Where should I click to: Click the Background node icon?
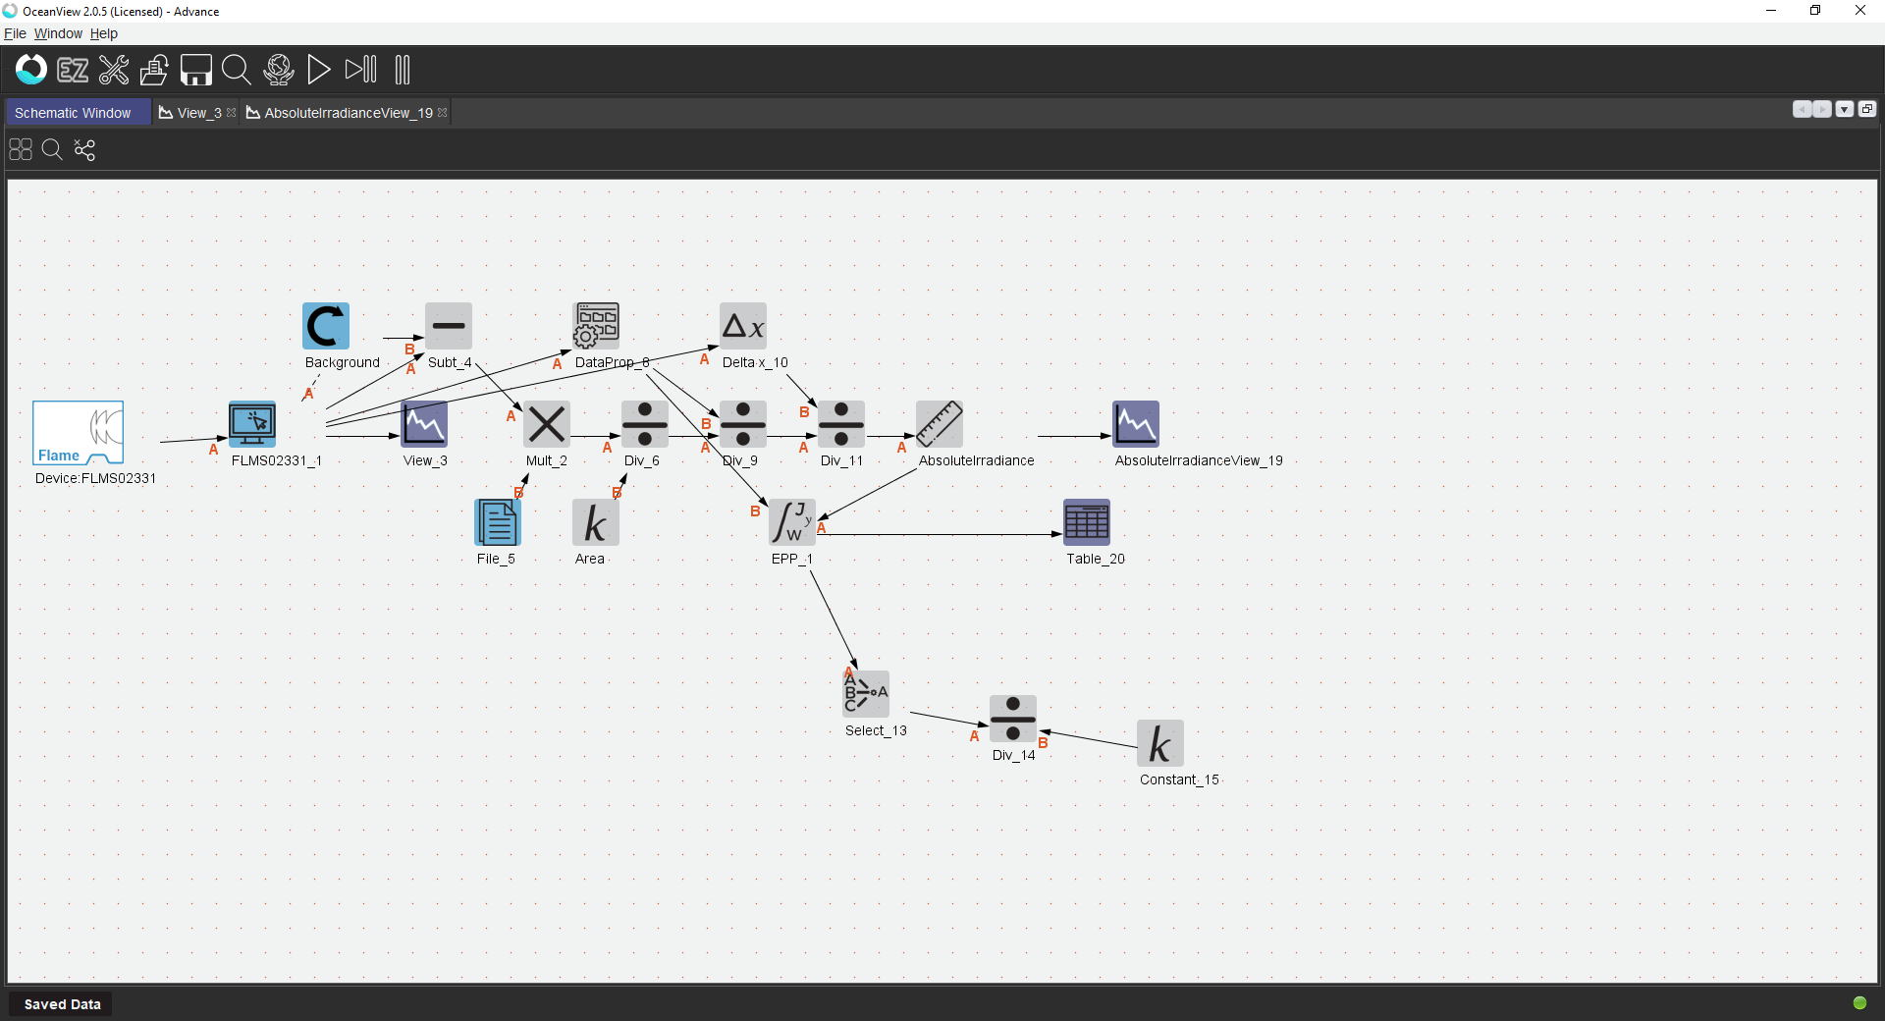[x=326, y=326]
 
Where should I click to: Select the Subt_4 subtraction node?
[x=449, y=326]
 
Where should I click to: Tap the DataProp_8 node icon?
[x=596, y=326]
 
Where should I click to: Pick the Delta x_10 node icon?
[x=743, y=326]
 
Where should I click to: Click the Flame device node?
[x=79, y=432]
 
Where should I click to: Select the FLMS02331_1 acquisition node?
[x=252, y=424]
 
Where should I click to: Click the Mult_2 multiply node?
[x=547, y=424]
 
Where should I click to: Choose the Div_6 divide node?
[x=645, y=424]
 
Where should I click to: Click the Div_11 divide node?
[x=841, y=424]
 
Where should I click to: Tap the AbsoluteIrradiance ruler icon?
[x=940, y=424]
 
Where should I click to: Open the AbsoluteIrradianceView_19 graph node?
[x=1136, y=424]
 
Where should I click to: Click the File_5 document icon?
[x=498, y=522]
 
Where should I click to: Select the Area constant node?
[x=596, y=522]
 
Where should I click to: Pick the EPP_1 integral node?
[x=792, y=522]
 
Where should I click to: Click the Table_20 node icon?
[x=1087, y=522]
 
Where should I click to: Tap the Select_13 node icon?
[x=866, y=694]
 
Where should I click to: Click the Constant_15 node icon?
[x=1160, y=743]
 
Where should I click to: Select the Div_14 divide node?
[x=1013, y=719]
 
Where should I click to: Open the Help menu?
[x=104, y=33]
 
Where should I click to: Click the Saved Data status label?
[x=62, y=1004]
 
